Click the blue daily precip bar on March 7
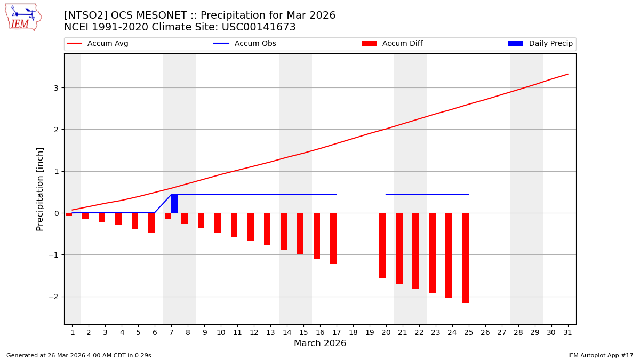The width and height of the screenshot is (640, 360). click(174, 204)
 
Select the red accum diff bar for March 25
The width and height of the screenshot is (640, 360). click(465, 258)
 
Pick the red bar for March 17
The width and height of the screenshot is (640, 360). click(333, 238)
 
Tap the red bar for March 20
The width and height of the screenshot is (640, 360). click(382, 245)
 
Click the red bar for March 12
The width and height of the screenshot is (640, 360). click(251, 227)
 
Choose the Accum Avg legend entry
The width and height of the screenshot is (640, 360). click(98, 44)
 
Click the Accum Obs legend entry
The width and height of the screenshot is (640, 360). click(245, 44)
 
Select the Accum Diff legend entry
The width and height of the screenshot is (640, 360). click(392, 44)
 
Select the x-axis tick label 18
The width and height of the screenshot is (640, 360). click(353, 332)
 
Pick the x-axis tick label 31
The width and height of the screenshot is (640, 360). click(567, 332)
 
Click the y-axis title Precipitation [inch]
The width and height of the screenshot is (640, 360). click(40, 189)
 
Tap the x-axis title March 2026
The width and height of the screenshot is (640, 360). click(320, 343)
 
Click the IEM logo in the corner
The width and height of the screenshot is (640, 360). click(23, 17)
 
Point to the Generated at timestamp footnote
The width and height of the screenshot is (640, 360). click(79, 355)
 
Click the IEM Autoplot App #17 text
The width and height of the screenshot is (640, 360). click(601, 355)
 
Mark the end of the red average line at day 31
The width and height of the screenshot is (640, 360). click(567, 74)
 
